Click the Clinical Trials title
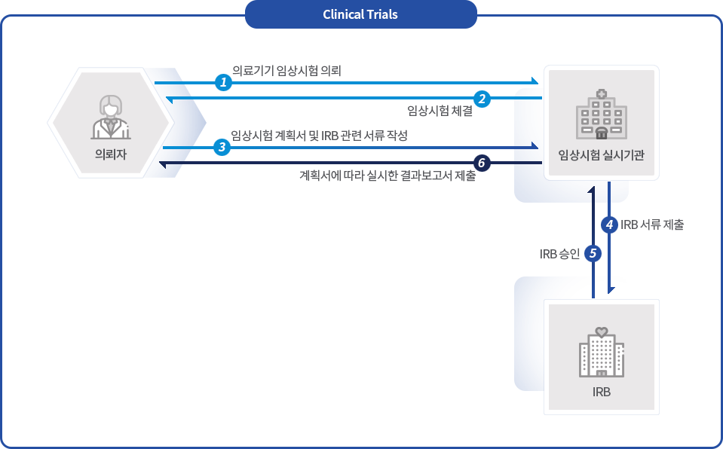tap(360, 14)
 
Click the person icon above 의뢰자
tap(111, 118)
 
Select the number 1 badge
tap(223, 81)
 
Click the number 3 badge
tap(222, 147)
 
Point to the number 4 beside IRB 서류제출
tap(609, 225)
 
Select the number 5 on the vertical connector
tap(593, 254)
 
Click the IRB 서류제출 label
tap(653, 225)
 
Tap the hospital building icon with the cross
tap(601, 115)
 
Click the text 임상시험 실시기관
tap(601, 155)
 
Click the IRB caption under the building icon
tap(601, 392)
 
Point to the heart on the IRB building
tap(601, 331)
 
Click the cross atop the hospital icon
tap(601, 94)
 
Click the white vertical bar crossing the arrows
tap(204, 123)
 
